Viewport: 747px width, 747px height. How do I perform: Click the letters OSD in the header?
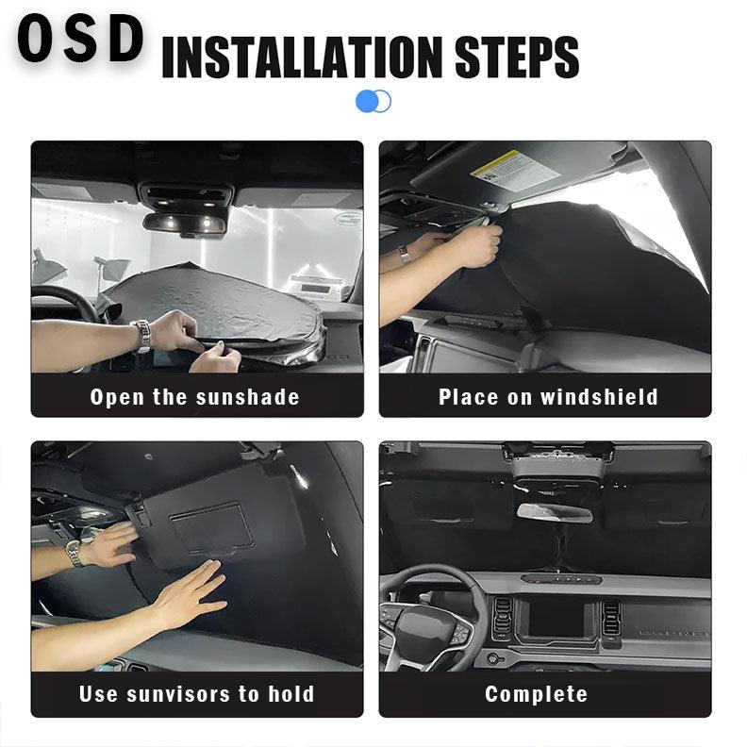click(x=80, y=38)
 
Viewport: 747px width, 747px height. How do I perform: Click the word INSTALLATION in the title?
click(x=303, y=58)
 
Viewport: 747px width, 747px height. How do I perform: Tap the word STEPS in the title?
click(x=517, y=58)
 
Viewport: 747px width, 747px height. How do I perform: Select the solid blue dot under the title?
click(x=367, y=102)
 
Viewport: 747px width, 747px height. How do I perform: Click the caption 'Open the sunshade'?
click(x=195, y=397)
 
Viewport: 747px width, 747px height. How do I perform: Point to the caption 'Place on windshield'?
click(x=548, y=397)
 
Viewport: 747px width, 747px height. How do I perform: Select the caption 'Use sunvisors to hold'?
click(x=197, y=693)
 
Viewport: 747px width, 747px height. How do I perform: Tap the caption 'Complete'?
click(x=537, y=694)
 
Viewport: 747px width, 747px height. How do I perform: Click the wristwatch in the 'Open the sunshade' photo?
click(x=141, y=336)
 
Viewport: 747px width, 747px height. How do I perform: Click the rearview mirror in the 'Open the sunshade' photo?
click(x=185, y=224)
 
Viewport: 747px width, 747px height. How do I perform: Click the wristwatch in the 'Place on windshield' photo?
click(x=405, y=254)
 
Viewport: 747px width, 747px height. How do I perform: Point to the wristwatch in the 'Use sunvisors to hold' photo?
click(x=74, y=554)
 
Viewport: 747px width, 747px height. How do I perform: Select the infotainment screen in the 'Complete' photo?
click(x=556, y=618)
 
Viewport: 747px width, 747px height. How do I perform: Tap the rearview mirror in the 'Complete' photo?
click(x=555, y=512)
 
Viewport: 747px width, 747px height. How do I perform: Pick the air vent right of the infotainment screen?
click(x=611, y=618)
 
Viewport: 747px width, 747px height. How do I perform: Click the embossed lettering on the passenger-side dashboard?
click(x=672, y=634)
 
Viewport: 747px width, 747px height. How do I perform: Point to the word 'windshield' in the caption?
click(x=600, y=397)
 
